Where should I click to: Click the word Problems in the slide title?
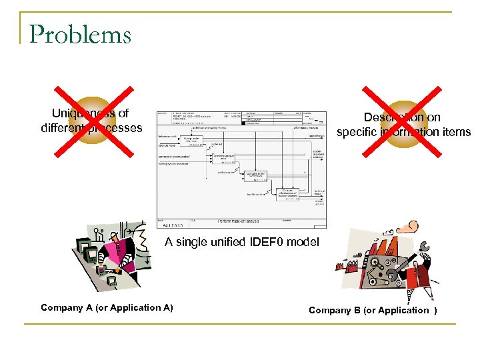[x=80, y=33]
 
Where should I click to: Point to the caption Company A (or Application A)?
[x=107, y=307]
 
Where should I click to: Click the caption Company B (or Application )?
[x=373, y=310]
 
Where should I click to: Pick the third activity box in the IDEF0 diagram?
[x=256, y=176]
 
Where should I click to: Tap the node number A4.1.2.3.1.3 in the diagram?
[x=173, y=225]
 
